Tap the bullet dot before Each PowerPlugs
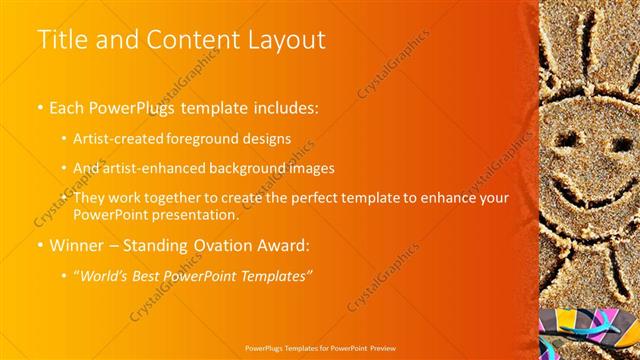click(40, 106)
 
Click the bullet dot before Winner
click(40, 245)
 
